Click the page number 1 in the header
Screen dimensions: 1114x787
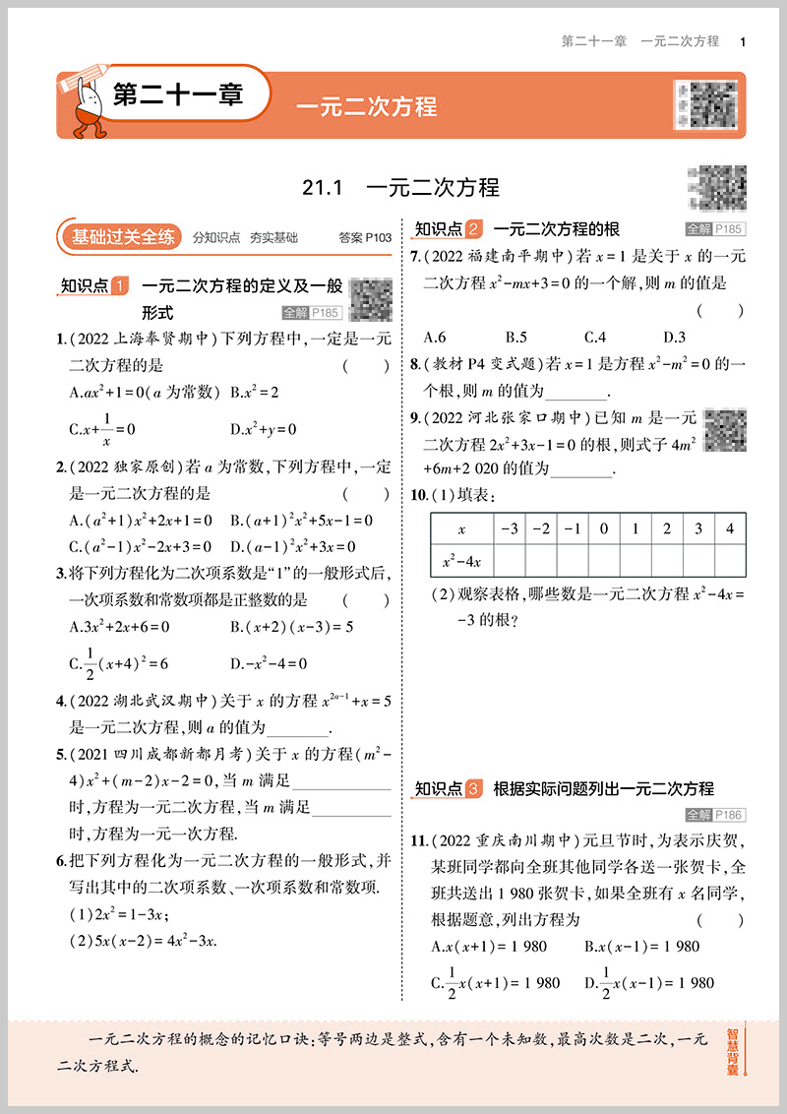click(742, 41)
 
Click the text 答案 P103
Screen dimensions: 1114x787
click(364, 237)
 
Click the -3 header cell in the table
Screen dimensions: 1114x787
click(510, 529)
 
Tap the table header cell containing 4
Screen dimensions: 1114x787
click(729, 529)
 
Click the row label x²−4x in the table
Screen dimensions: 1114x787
click(461, 561)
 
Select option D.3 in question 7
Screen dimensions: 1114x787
click(674, 336)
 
